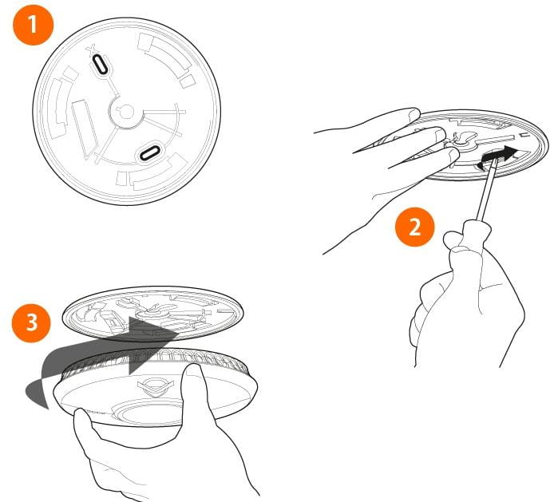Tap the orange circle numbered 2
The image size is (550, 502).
pos(414,227)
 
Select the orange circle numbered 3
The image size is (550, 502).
pos(32,322)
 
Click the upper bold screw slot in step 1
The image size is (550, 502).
pos(101,64)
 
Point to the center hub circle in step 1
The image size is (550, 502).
pos(126,113)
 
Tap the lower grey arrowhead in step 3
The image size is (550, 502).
pos(144,363)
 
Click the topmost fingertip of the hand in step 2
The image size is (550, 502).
pos(413,113)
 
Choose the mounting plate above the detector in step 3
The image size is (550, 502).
pos(153,314)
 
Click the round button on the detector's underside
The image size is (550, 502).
pos(149,415)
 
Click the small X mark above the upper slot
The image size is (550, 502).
pos(92,49)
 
